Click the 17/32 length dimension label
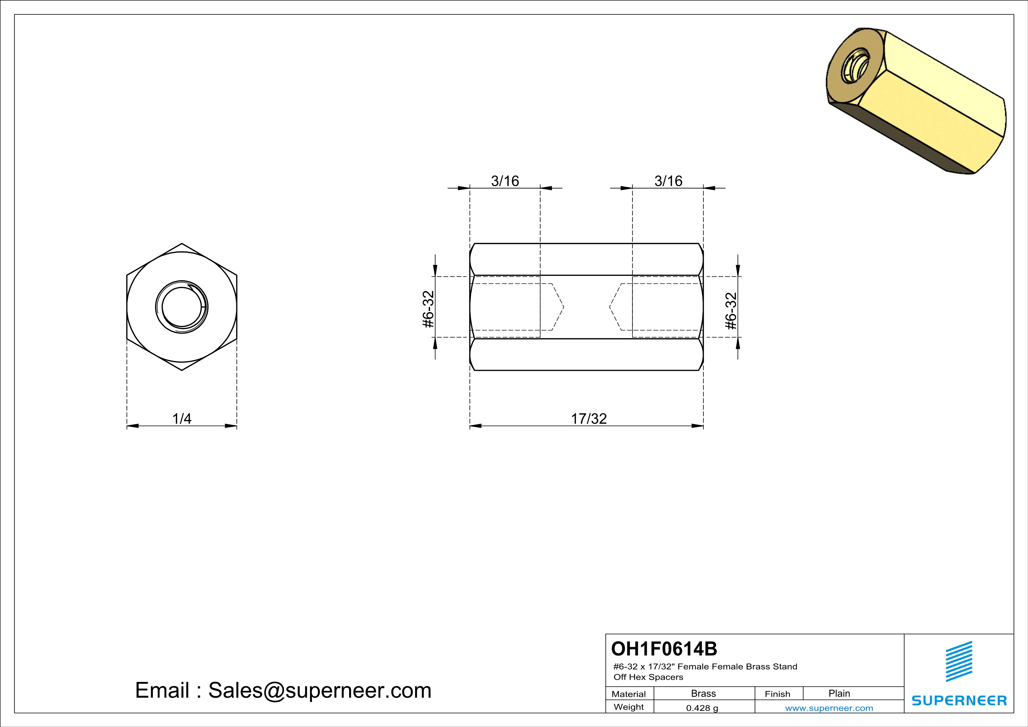(x=589, y=419)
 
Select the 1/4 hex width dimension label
(x=182, y=419)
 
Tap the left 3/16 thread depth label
(x=505, y=181)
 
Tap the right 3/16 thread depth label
(x=668, y=181)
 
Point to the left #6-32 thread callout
(x=429, y=309)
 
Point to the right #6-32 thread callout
(x=731, y=311)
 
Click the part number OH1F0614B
(x=664, y=649)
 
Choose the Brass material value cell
(x=704, y=693)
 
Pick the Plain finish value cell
(x=839, y=693)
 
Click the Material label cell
(x=629, y=694)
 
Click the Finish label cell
(x=777, y=694)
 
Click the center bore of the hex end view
(x=181, y=307)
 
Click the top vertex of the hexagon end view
(x=182, y=244)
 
